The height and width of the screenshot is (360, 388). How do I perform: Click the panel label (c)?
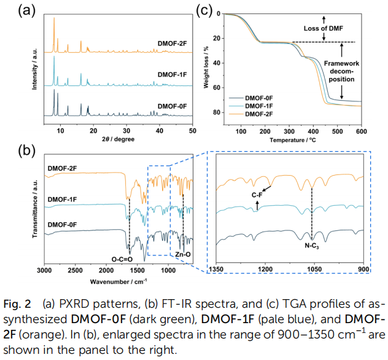click(205, 10)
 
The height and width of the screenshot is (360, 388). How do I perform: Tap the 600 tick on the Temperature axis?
click(361, 131)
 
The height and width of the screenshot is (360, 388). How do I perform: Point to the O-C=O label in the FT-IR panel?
click(122, 259)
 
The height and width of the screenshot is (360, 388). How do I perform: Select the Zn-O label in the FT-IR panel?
click(184, 254)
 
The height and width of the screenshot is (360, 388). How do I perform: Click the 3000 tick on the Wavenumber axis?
click(44, 271)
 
